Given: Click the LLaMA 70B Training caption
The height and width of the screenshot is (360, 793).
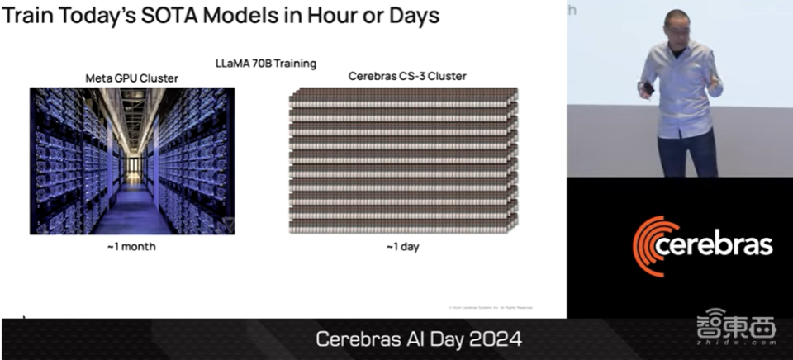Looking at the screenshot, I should click(x=266, y=63).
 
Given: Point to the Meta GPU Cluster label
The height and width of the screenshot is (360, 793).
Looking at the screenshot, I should click(x=132, y=78).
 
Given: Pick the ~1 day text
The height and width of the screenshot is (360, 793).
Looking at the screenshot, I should click(x=402, y=247).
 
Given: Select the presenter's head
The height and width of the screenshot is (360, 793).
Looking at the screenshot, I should click(x=678, y=25).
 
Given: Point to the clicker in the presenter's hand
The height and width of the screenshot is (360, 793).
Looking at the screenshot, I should click(x=649, y=88).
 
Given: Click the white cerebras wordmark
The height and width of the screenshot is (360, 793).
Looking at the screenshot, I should click(x=715, y=245).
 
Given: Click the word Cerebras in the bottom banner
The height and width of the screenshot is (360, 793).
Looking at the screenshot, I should click(x=359, y=339).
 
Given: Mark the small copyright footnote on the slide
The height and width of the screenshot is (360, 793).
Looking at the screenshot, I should click(x=491, y=307).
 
